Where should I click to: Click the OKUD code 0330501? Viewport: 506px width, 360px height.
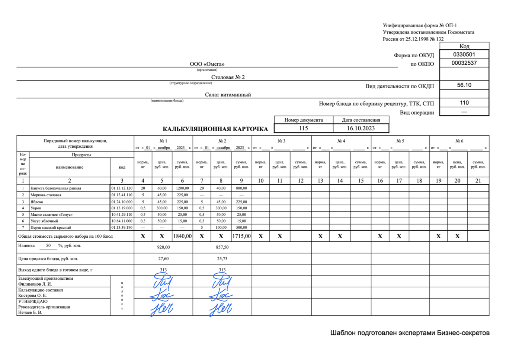pyautogui.click(x=464, y=54)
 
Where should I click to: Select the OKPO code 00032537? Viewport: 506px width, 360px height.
pyautogui.click(x=464, y=63)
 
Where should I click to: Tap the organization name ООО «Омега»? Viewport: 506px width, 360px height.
pyautogui.click(x=207, y=64)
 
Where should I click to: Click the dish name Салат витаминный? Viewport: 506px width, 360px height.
pyautogui.click(x=228, y=94)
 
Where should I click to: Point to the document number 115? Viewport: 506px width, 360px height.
pyautogui.click(x=303, y=128)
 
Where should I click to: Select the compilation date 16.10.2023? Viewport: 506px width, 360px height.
pyautogui.click(x=361, y=128)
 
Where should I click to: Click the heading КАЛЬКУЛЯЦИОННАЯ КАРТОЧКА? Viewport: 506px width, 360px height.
pyautogui.click(x=215, y=129)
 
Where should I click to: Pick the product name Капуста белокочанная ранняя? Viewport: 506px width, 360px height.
pyautogui.click(x=56, y=188)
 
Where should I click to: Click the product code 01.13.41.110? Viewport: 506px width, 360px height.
pyautogui.click(x=122, y=195)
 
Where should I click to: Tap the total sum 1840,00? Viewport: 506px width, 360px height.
pyautogui.click(x=182, y=236)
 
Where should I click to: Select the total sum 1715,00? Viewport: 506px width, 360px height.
pyautogui.click(x=241, y=236)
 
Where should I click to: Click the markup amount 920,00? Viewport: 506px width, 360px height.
pyautogui.click(x=163, y=247)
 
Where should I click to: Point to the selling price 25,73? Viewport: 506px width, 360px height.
pyautogui.click(x=222, y=258)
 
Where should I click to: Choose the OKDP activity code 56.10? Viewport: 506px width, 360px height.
pyautogui.click(x=464, y=85)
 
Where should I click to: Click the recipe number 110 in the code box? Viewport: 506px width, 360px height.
pyautogui.click(x=464, y=103)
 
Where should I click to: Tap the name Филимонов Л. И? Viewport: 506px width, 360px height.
pyautogui.click(x=35, y=284)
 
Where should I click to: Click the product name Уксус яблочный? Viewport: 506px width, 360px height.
pyautogui.click(x=44, y=221)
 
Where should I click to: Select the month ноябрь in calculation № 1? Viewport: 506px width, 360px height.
pyautogui.click(x=164, y=148)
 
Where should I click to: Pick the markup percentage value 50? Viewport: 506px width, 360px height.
pyautogui.click(x=48, y=245)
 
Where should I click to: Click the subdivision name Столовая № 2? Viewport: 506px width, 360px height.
pyautogui.click(x=228, y=77)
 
